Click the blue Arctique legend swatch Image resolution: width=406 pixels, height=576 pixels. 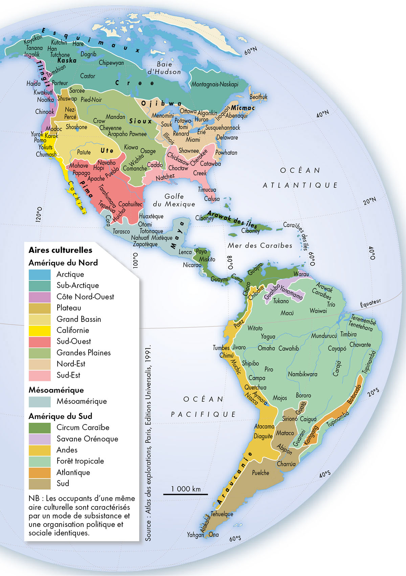[40, 274]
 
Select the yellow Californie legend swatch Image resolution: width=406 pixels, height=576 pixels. [40, 330]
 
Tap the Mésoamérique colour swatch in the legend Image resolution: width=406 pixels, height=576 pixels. [40, 401]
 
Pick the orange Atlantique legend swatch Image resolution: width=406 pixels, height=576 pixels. [40, 472]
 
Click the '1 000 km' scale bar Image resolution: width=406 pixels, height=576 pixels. [185, 494]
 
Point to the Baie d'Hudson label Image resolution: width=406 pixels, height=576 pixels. [164, 68]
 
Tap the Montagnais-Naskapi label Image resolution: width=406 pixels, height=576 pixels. [215, 84]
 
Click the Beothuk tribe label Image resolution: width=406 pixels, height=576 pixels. [258, 97]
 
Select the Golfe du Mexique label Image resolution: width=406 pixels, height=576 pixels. [174, 200]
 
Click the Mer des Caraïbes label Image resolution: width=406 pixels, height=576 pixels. [260, 246]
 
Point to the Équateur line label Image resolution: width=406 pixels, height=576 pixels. [370, 303]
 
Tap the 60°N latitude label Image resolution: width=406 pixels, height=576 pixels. [251, 51]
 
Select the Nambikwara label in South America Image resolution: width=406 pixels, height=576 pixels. [302, 374]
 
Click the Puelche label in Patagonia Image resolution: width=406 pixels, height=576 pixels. [261, 473]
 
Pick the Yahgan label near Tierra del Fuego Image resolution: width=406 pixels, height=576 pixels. [195, 535]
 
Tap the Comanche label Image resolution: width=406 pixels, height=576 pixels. [135, 169]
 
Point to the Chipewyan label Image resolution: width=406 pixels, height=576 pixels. [111, 63]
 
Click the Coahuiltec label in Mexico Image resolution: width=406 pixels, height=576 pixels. [130, 204]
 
